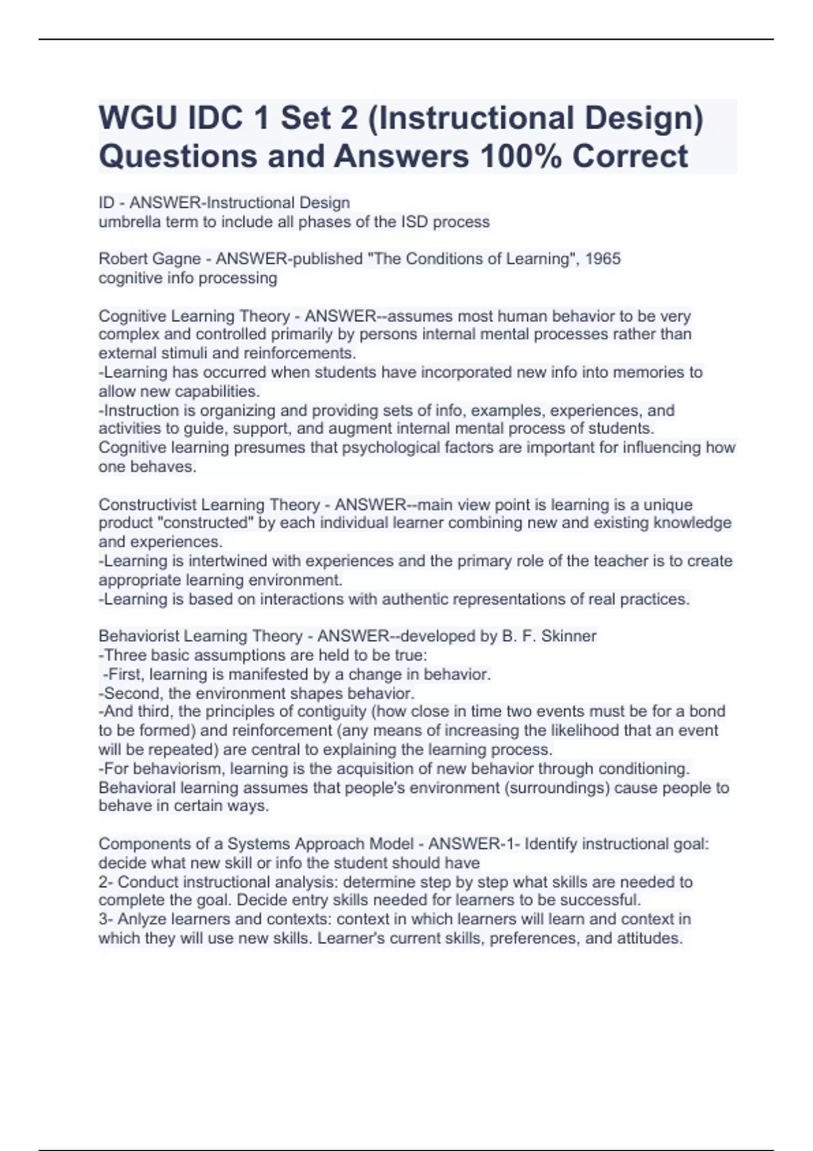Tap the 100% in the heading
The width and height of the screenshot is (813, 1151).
point(520,156)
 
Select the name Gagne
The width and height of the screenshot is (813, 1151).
point(178,259)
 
